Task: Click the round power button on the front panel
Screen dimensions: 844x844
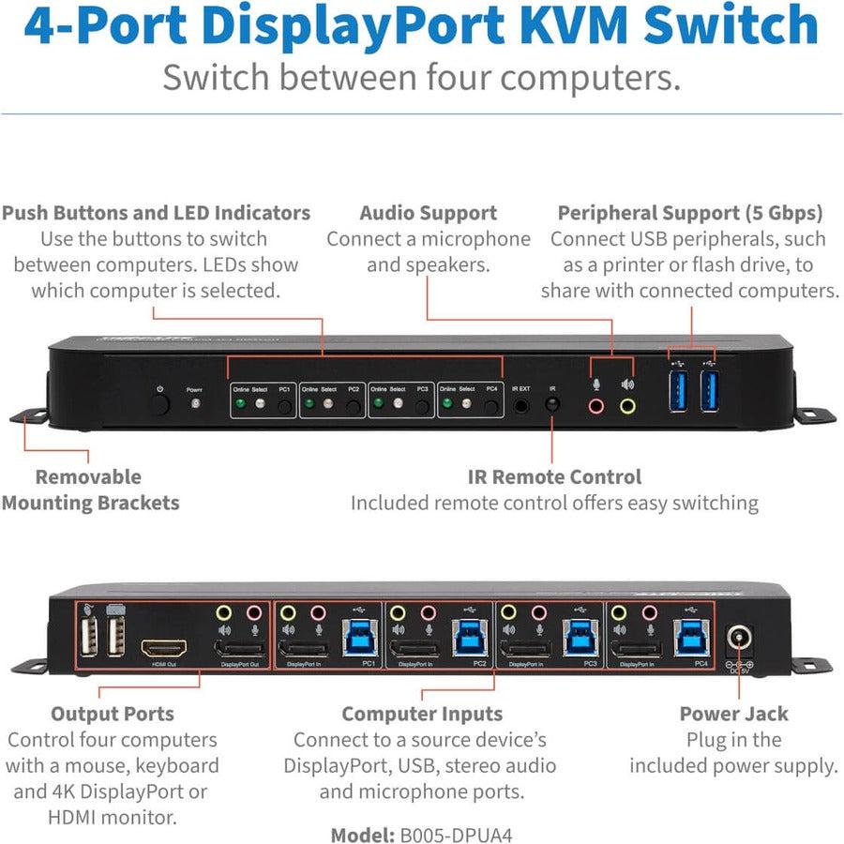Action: click(160, 405)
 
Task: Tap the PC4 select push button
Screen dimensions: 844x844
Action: click(491, 407)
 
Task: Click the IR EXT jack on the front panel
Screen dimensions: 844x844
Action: click(521, 406)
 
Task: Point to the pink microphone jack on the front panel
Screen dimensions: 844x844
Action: click(595, 406)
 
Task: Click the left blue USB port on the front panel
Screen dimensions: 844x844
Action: click(678, 390)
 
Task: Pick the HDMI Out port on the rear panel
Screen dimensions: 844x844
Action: click(163, 648)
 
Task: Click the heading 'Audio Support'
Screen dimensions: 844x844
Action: click(429, 213)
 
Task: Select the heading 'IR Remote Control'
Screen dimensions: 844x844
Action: click(554, 476)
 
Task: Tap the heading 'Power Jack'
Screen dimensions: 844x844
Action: click(733, 714)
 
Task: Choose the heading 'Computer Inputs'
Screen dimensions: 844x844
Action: click(422, 714)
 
